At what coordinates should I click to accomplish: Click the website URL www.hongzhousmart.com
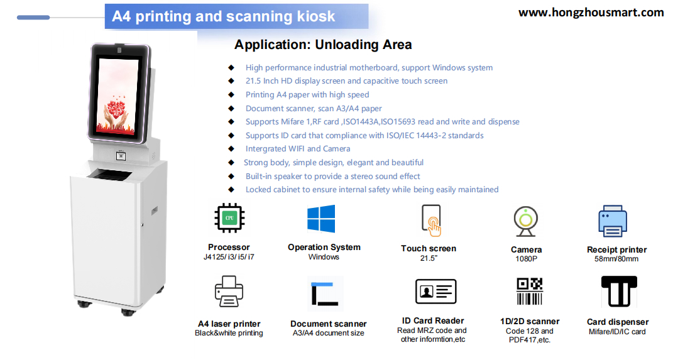click(591, 13)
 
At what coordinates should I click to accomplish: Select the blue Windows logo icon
click(321, 219)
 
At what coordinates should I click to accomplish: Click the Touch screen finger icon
click(430, 221)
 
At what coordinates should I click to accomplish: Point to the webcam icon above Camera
click(525, 221)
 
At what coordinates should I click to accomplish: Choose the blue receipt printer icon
click(613, 222)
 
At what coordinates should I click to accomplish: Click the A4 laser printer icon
click(229, 292)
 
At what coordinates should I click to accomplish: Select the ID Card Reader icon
click(435, 292)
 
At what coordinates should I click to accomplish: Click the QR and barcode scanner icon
click(529, 292)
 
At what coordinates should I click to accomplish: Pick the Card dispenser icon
click(619, 292)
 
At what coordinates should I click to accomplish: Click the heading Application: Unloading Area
click(323, 45)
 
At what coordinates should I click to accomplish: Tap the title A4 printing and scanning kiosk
click(224, 16)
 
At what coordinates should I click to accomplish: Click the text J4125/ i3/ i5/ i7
click(229, 257)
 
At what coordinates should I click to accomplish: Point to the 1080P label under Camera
click(527, 259)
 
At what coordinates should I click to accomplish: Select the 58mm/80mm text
click(616, 259)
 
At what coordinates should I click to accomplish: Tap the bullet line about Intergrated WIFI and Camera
click(298, 149)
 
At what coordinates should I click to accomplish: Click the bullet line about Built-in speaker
click(332, 177)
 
